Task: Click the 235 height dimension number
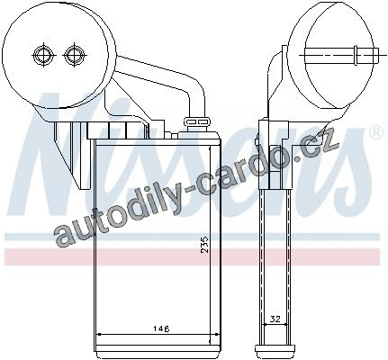pos(203,244)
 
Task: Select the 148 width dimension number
pos(161,328)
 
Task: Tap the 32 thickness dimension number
pos(275,319)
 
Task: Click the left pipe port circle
pos(43,55)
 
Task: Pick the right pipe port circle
pos(74,55)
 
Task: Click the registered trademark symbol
pos(377,133)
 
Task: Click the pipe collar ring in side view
pos(356,55)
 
